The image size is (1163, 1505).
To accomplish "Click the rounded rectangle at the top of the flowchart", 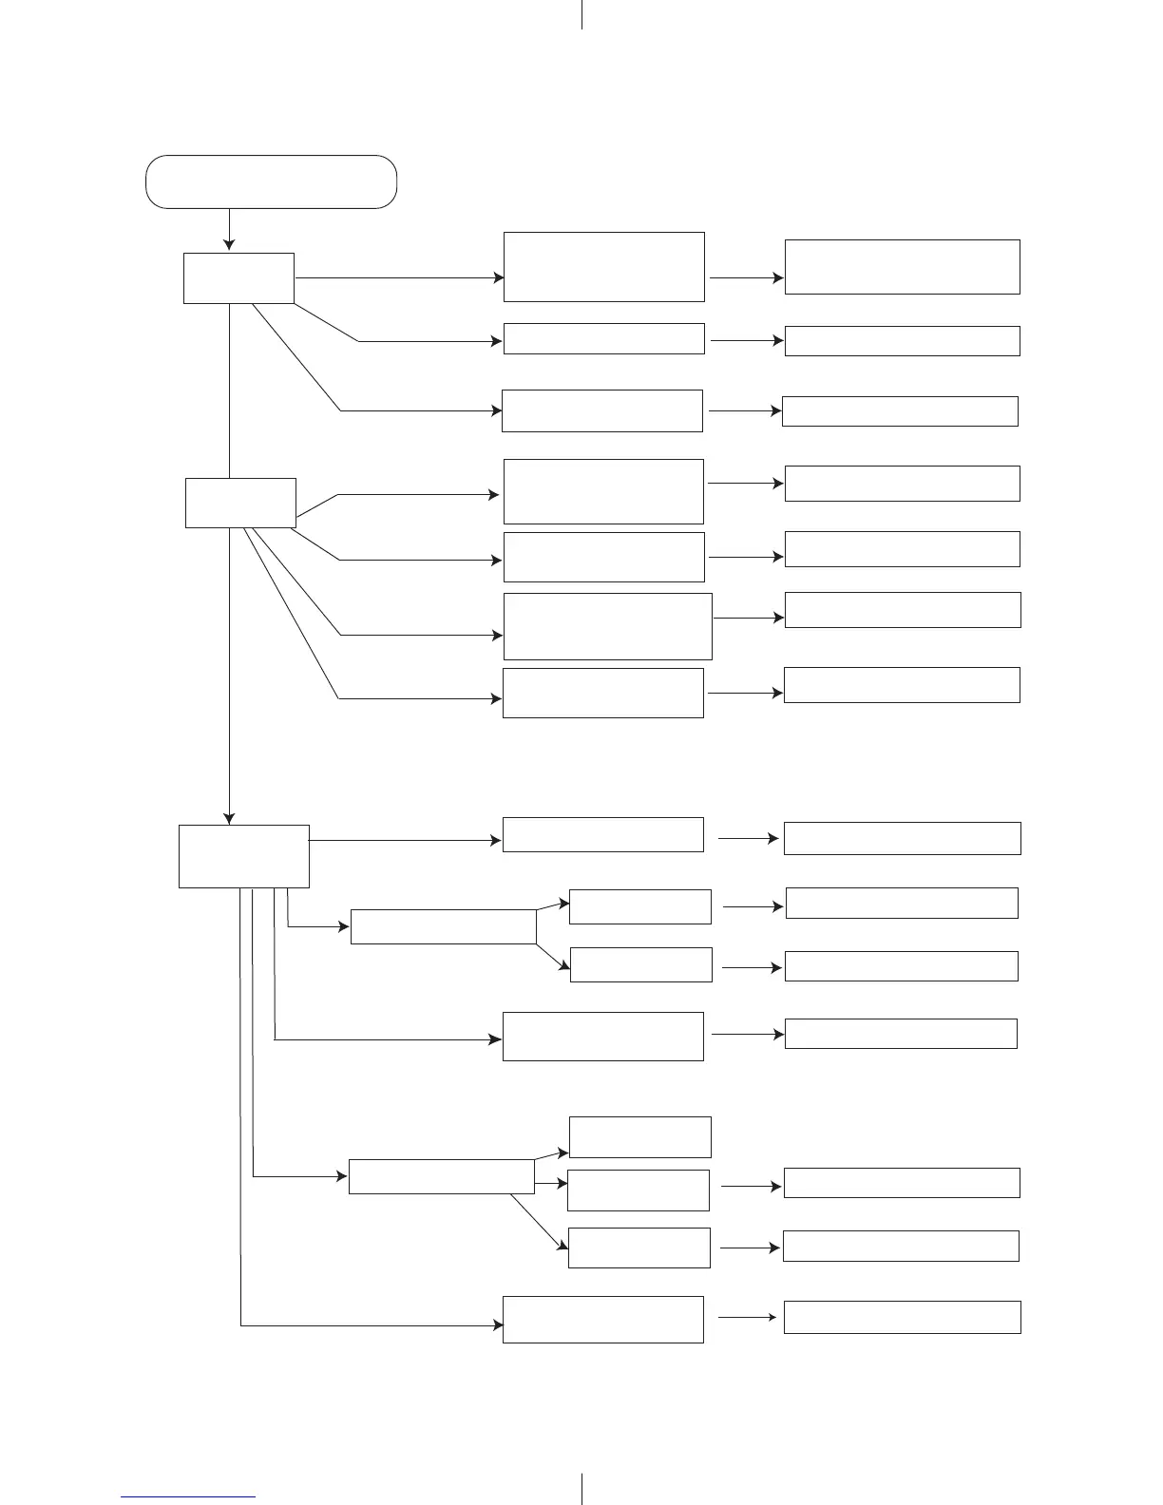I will click(271, 181).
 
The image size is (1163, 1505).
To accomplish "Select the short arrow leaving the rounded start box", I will click(229, 229).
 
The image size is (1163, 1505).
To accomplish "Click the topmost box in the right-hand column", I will click(902, 267).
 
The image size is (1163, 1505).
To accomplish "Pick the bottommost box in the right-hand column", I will click(902, 1317).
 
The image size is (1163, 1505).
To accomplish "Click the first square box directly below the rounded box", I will click(238, 278).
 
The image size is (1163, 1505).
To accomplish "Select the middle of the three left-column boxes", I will click(240, 503).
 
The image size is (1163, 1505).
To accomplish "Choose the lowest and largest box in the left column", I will click(244, 856).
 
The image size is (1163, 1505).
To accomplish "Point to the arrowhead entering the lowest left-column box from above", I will click(229, 818).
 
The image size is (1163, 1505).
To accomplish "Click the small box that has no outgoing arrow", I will click(639, 1137).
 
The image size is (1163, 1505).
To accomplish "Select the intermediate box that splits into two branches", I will click(443, 926).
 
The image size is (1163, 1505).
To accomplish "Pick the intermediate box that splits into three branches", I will click(441, 1176).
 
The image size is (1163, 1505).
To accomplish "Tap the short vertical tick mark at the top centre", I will click(581, 14).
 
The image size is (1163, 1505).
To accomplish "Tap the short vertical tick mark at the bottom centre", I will click(581, 1489).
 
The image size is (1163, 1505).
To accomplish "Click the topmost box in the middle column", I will click(603, 267).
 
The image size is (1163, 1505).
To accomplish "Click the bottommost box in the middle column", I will click(602, 1319).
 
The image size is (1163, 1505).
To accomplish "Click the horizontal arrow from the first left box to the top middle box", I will click(399, 278).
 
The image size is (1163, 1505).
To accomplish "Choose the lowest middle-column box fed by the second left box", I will click(602, 693).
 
